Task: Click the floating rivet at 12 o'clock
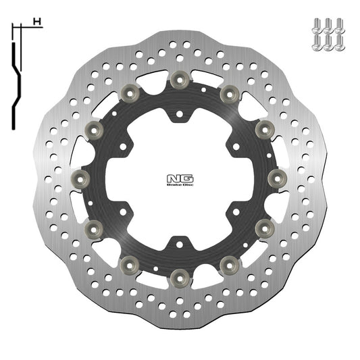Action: point(179,80)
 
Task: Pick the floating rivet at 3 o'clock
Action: point(277,178)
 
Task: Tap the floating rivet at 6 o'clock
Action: point(179,276)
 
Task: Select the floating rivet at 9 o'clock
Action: point(80,178)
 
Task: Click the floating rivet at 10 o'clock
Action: point(93,129)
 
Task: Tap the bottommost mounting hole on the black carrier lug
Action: point(179,241)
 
